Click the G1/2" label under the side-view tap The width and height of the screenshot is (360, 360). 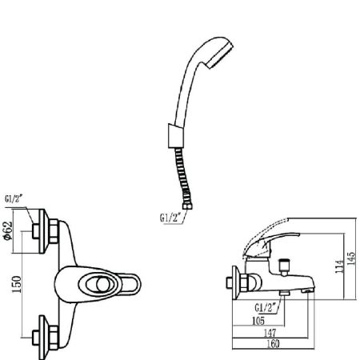(x=266, y=306)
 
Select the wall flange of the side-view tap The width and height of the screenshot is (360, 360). (x=234, y=282)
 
